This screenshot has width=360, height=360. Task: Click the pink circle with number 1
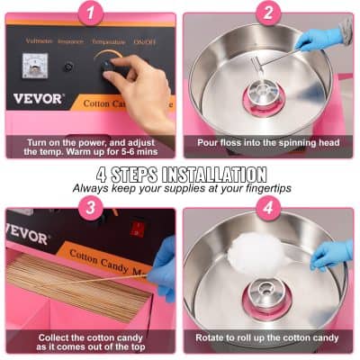click(x=90, y=13)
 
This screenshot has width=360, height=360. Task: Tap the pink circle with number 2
click(x=267, y=13)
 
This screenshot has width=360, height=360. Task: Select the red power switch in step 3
click(x=137, y=229)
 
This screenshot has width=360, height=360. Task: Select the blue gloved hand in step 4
click(x=330, y=255)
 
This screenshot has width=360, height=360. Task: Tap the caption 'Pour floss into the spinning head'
click(x=268, y=142)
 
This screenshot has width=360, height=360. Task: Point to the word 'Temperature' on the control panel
click(x=107, y=41)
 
